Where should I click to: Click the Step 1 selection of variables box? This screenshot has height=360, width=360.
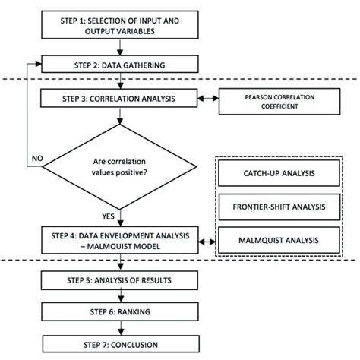118,27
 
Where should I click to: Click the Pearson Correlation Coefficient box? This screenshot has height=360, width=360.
270,101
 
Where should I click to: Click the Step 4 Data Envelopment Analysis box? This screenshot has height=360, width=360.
118,240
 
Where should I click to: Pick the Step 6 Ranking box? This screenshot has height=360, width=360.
118,311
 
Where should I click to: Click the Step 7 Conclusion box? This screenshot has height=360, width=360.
118,344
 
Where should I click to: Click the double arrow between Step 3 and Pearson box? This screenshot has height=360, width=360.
206,99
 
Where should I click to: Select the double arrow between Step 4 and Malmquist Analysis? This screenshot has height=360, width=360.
206,241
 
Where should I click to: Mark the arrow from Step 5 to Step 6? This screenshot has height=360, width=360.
118,295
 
